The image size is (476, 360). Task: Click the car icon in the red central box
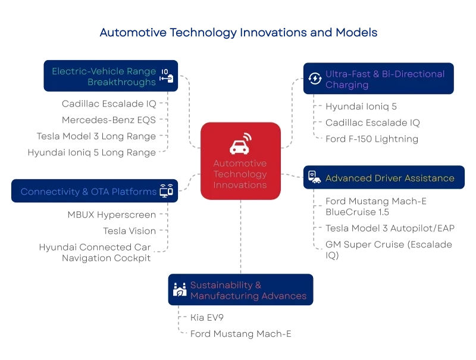tap(240, 145)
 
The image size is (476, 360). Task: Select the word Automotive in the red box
tap(240, 164)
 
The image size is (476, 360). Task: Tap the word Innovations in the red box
tap(240, 185)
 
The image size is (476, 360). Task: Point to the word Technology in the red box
tap(240, 174)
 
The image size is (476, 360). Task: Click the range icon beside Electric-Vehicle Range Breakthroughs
tap(167, 76)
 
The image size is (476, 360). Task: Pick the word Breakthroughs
tap(121, 82)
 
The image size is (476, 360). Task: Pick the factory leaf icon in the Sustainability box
tap(178, 290)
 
